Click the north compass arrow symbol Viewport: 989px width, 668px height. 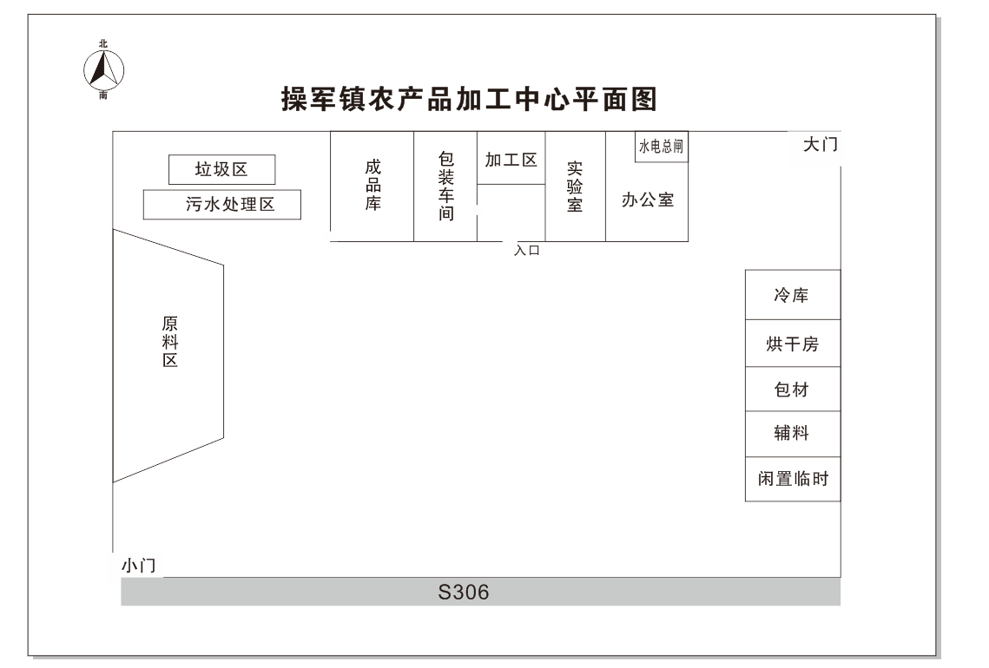point(103,69)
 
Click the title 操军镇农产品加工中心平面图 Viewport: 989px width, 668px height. point(469,100)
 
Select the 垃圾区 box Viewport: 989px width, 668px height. point(221,169)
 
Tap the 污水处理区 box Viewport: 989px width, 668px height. point(222,204)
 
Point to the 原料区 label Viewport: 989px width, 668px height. point(169,342)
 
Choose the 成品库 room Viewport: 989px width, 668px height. point(373,187)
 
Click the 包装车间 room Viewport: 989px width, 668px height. point(445,187)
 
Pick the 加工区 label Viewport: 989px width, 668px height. point(511,160)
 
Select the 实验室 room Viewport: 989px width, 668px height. point(575,187)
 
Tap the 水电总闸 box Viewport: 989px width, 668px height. point(661,147)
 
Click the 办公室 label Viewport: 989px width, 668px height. point(648,200)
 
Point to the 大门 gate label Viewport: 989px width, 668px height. point(820,144)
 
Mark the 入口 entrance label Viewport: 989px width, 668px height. point(527,250)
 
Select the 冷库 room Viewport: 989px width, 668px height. point(793,295)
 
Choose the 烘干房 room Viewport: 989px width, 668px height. point(793,344)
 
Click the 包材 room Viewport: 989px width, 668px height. point(793,390)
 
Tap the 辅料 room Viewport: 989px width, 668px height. point(793,434)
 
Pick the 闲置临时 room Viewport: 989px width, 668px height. point(793,479)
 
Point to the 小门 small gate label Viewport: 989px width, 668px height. point(139,566)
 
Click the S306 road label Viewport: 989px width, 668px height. point(464,593)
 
